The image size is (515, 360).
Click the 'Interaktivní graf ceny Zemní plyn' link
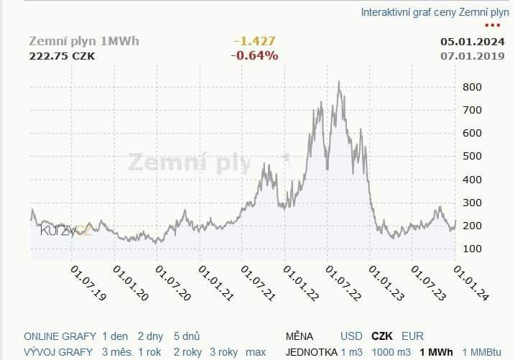(435, 12)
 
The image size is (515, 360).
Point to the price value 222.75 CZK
(62, 55)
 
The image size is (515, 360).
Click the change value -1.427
(254, 41)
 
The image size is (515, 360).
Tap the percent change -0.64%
(254, 55)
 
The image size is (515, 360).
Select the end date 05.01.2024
(472, 41)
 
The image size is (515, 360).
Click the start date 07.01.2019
(472, 55)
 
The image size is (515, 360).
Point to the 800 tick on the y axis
(472, 87)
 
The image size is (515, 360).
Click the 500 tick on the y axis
(472, 156)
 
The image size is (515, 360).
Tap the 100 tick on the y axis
(472, 249)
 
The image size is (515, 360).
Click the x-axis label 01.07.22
(343, 282)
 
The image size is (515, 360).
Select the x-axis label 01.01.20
(131, 282)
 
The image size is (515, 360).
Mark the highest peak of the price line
(338, 82)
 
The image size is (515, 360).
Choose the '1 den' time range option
(114, 336)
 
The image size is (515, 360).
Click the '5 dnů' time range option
(187, 336)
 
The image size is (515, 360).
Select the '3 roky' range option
(223, 352)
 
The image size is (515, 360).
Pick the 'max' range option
(255, 352)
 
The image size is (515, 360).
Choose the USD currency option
(351, 336)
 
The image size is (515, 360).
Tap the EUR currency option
(412, 336)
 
